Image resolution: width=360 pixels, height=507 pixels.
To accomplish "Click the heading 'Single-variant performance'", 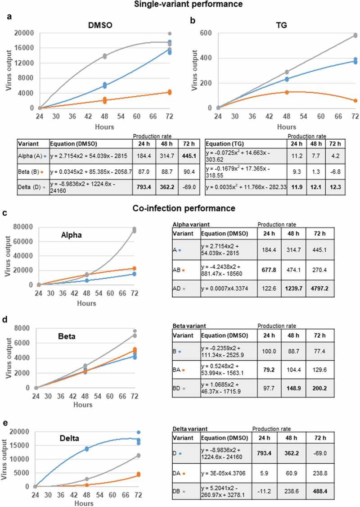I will tap(180, 4).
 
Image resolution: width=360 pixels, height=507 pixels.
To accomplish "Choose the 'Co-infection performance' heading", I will tap(180, 209).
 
